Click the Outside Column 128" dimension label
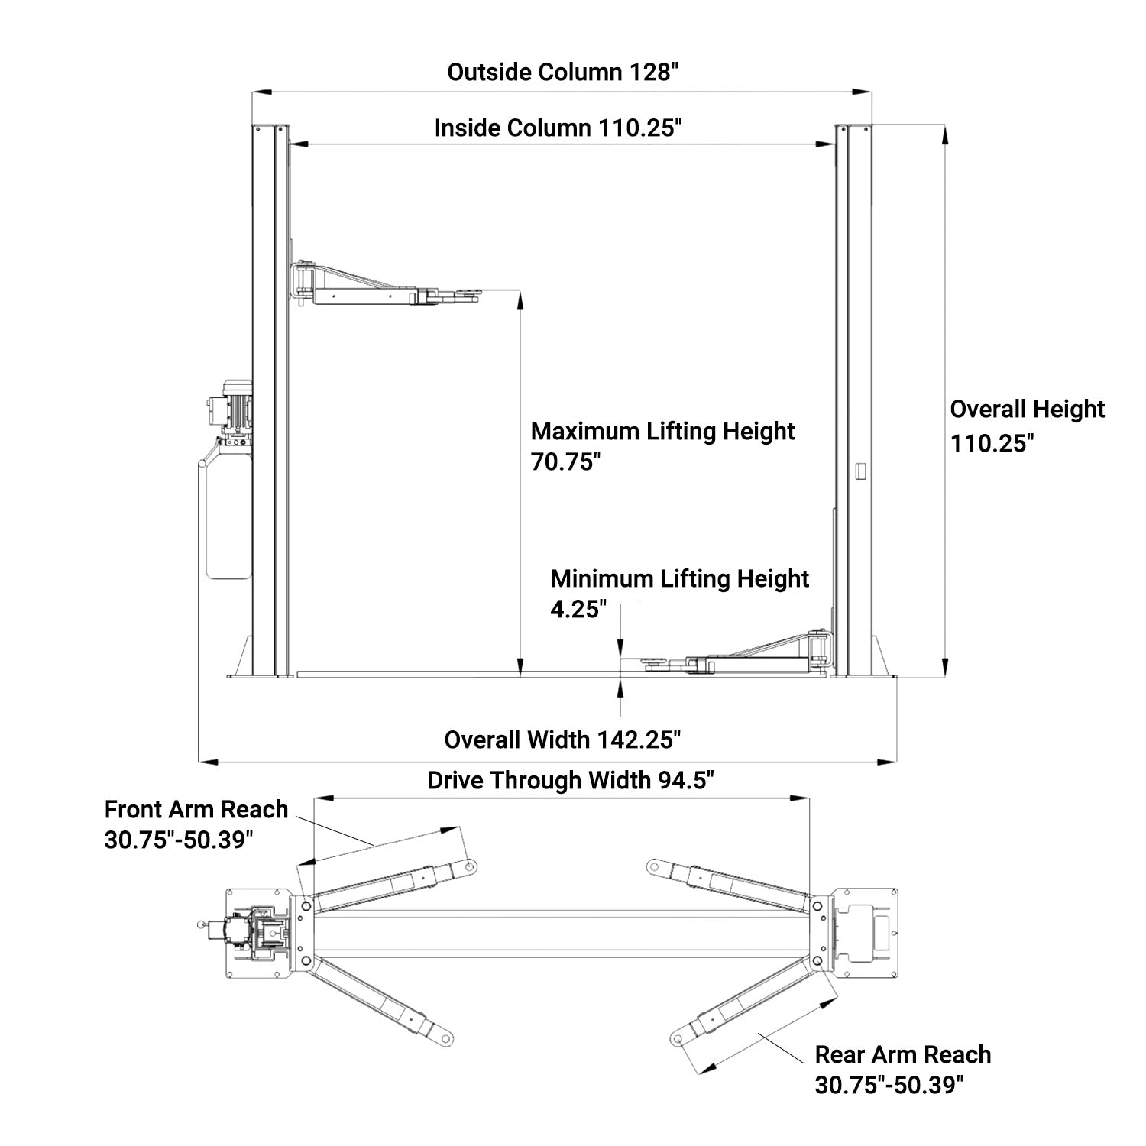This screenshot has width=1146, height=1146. [x=563, y=73]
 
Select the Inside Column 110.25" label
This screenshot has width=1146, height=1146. [x=558, y=128]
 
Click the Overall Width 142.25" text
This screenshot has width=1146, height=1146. [x=562, y=740]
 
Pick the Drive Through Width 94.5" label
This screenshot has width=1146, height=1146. [x=571, y=781]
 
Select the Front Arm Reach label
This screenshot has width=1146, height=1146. [x=196, y=810]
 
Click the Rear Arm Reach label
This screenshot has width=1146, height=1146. [x=903, y=1055]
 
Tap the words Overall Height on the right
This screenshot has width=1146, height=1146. [x=1028, y=410]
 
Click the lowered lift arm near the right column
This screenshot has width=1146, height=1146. [x=741, y=658]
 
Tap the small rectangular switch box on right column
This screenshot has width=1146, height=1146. [x=859, y=471]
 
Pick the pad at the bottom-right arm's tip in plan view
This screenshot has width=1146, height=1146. [x=676, y=1039]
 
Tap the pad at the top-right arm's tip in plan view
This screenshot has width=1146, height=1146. [x=654, y=866]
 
